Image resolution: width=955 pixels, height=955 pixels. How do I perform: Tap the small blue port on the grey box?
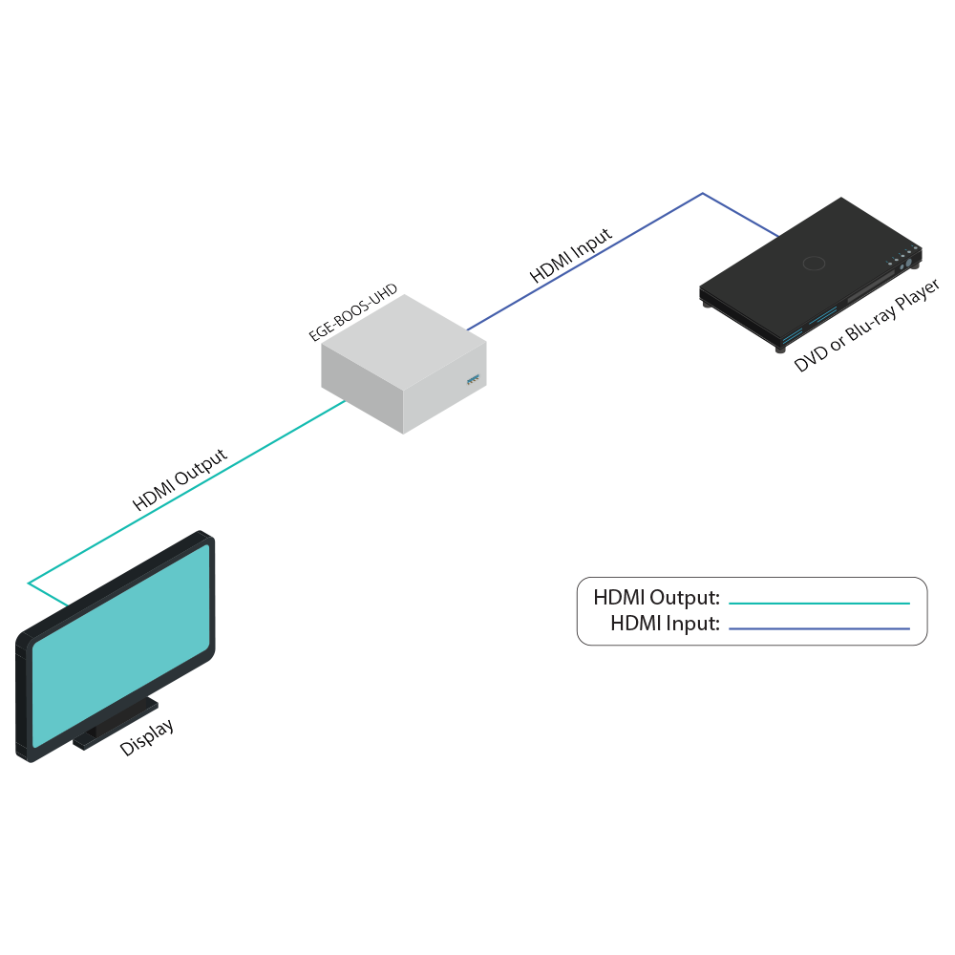point(470,382)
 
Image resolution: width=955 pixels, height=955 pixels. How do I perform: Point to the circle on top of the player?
point(814,264)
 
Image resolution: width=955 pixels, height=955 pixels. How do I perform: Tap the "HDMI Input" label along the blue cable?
point(571,256)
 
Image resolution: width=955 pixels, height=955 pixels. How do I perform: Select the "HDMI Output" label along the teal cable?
point(180,480)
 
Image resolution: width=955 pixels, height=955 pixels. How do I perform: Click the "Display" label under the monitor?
point(147,738)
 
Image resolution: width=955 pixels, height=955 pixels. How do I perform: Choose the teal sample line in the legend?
point(819,604)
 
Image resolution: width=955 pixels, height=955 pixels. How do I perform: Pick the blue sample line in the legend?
point(819,628)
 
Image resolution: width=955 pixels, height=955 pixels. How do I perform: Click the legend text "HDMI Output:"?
point(656,599)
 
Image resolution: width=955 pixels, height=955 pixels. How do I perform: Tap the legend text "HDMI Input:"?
point(665,625)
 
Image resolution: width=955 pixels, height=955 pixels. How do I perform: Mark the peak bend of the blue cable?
point(703,194)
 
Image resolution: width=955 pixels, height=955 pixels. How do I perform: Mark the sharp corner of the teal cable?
point(30,582)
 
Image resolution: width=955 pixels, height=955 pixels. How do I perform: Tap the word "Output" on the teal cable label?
point(201,469)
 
